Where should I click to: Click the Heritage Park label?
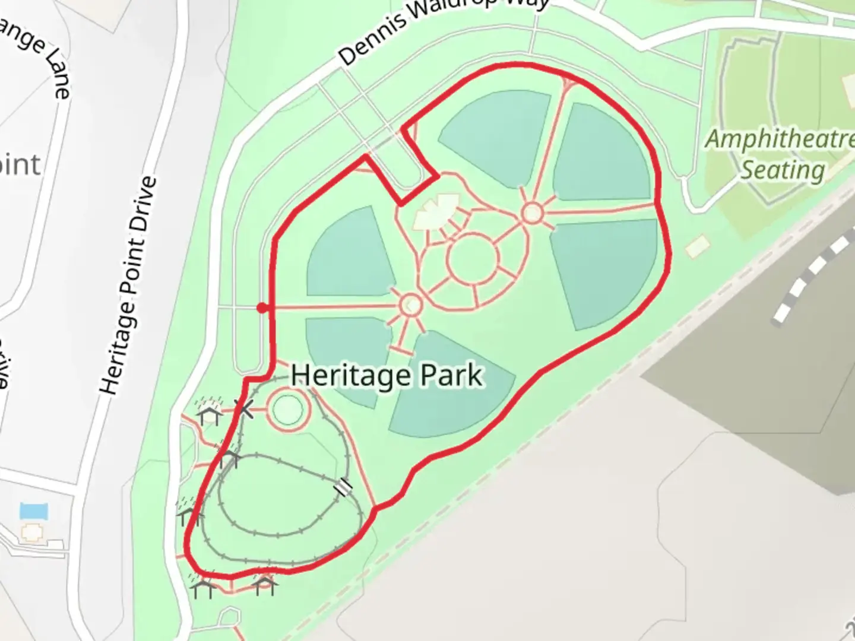(x=387, y=376)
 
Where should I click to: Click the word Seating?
(x=783, y=170)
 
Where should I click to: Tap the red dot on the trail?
(x=262, y=307)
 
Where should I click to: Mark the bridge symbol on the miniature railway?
(x=343, y=487)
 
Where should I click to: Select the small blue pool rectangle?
(x=34, y=511)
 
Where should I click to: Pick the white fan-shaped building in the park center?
(x=436, y=211)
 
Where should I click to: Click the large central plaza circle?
(x=472, y=259)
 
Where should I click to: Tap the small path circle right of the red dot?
(x=410, y=305)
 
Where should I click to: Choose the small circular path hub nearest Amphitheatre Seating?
(x=532, y=214)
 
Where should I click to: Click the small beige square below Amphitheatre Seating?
(x=698, y=246)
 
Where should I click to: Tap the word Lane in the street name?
(x=57, y=74)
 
